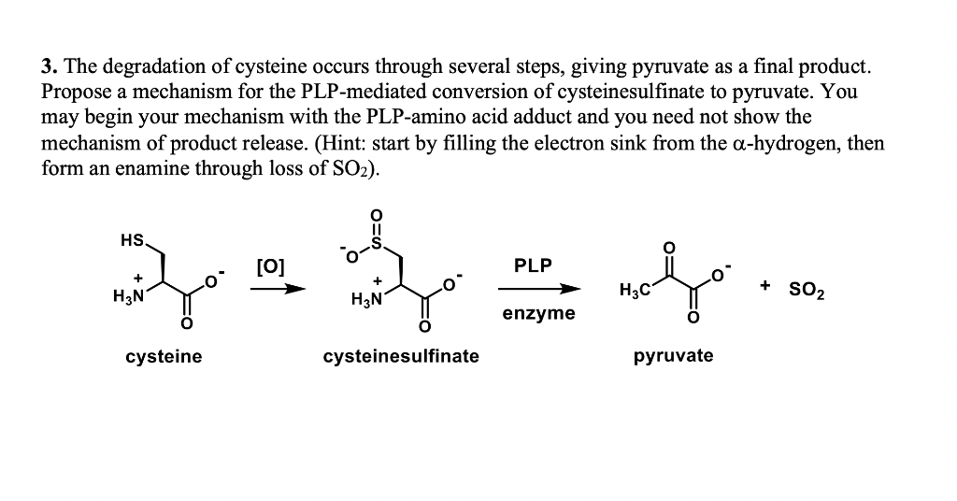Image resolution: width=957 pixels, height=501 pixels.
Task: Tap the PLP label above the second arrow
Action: [x=533, y=265]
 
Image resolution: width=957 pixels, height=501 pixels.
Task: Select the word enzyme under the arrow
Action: [x=538, y=313]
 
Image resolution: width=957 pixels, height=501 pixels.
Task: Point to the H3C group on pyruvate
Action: [x=635, y=291]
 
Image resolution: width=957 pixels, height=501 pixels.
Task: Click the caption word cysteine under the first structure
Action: [x=164, y=356]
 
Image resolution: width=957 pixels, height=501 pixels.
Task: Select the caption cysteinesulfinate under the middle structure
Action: [x=401, y=356]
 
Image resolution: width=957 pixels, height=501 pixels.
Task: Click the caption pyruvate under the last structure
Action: [x=673, y=356]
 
